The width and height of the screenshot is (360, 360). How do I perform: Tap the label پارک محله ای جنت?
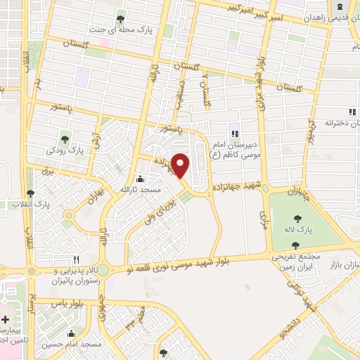click(120, 30)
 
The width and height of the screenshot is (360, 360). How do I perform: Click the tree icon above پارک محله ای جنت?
click(120, 18)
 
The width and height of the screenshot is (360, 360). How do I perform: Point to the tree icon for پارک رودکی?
click(65, 138)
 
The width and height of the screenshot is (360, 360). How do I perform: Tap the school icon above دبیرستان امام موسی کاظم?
click(235, 133)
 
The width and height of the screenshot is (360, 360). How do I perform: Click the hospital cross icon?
click(5, 319)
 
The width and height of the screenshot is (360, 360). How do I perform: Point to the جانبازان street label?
click(302, 188)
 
